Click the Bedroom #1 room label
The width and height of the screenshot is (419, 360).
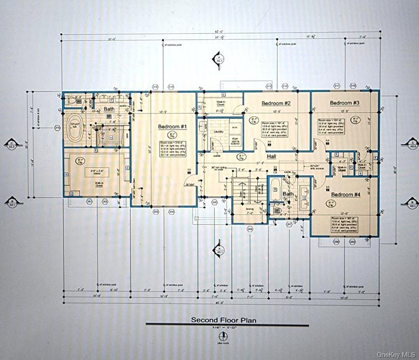172,127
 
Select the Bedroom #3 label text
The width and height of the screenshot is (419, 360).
344,103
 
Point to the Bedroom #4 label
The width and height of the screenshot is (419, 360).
346,194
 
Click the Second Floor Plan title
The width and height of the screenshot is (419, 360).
223,320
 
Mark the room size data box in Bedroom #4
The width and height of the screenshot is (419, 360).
344,225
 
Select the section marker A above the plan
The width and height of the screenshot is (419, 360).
219,59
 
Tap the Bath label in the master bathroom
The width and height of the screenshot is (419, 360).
109,109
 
